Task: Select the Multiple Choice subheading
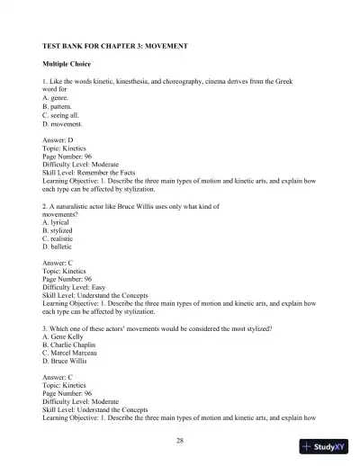click(68, 66)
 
